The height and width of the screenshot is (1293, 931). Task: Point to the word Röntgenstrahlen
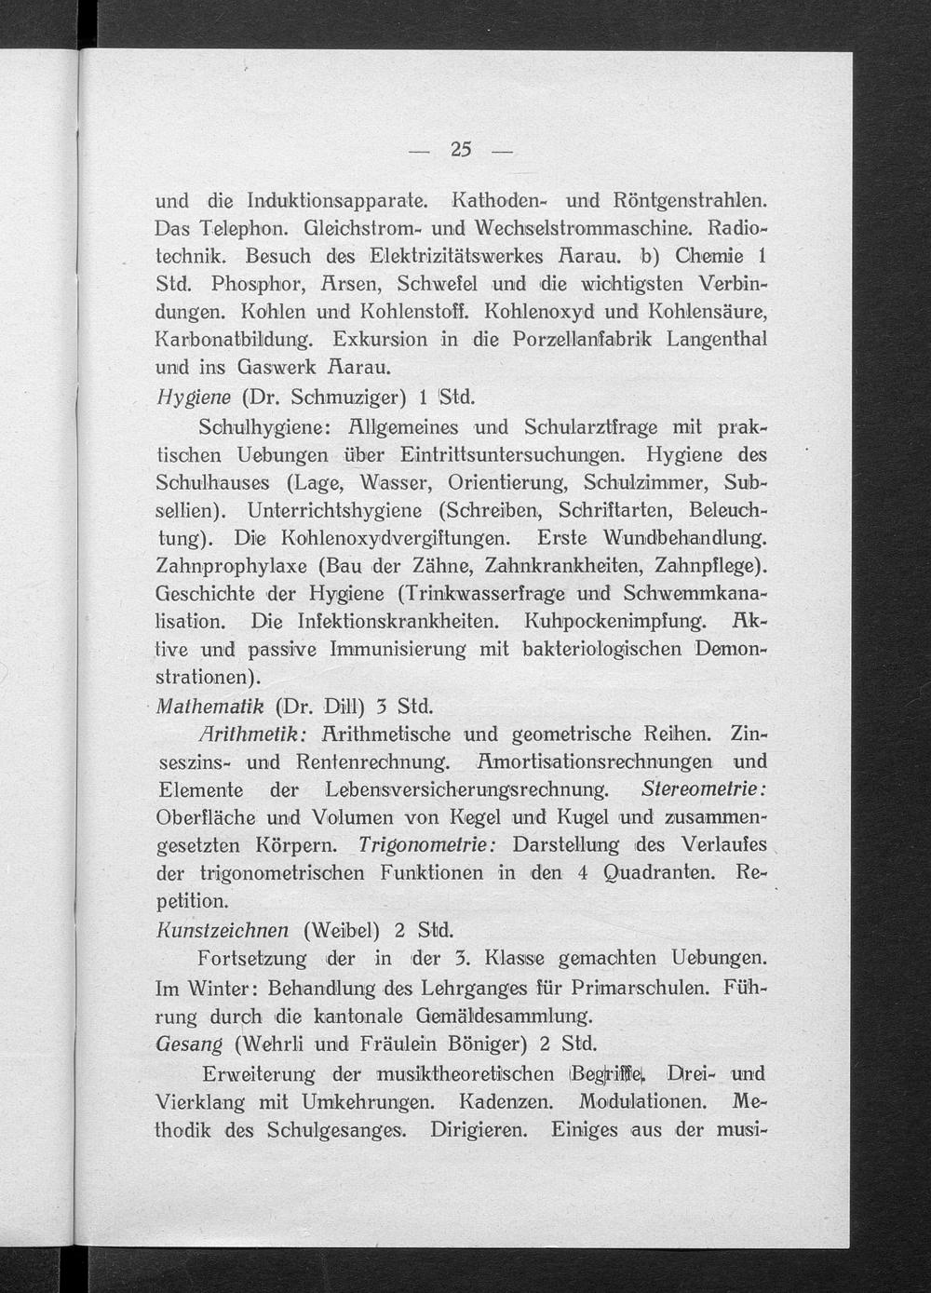tap(690, 200)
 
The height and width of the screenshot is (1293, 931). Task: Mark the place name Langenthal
tap(717, 339)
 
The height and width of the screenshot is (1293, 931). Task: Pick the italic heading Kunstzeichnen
tap(223, 930)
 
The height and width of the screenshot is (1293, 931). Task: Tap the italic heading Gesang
tap(190, 1043)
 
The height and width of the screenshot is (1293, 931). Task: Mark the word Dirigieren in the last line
tap(479, 1131)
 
